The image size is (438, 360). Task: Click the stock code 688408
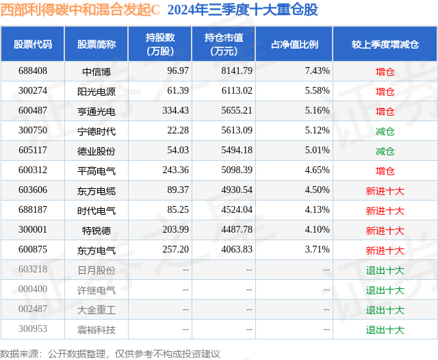tap(33, 70)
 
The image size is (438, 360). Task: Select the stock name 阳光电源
tap(96, 91)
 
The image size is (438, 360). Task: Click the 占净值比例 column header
tap(294, 44)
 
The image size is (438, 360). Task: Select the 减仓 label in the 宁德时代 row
tap(385, 131)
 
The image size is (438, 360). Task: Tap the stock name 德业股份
tap(96, 151)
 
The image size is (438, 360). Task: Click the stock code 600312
tap(33, 170)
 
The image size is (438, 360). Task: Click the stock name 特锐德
tap(96, 231)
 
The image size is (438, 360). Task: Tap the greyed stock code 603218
tap(33, 270)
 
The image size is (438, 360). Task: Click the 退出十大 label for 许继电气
tap(385, 290)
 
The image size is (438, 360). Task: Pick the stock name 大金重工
tap(96, 310)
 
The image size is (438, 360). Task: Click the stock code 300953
tap(33, 330)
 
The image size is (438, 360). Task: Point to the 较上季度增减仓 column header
tap(385, 44)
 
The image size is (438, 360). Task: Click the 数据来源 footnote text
tap(110, 353)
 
